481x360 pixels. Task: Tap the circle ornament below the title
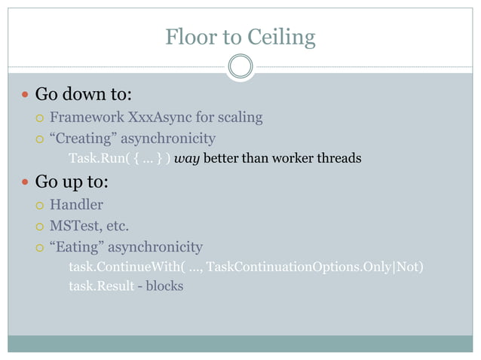pyautogui.click(x=240, y=66)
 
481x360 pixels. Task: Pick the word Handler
pyautogui.click(x=76, y=204)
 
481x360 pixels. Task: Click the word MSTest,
pyautogui.click(x=79, y=225)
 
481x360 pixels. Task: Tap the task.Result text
pyautogui.click(x=102, y=286)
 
